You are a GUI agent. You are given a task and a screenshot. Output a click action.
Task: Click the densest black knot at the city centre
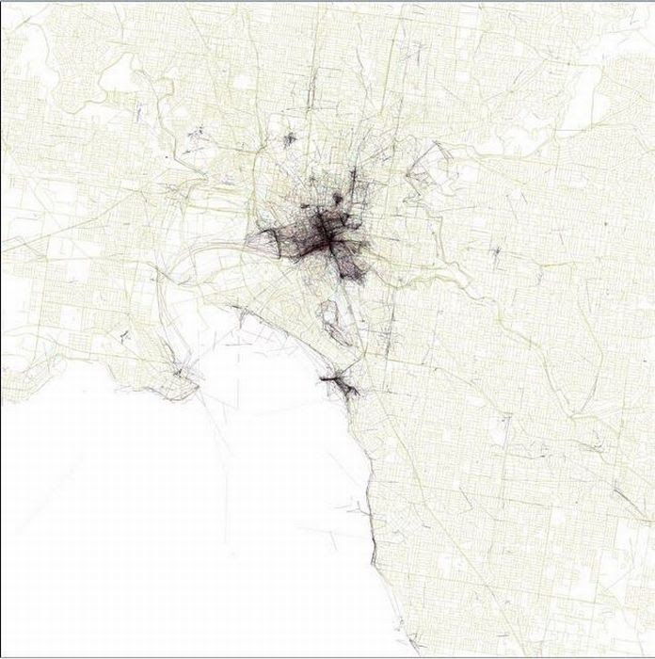click(322, 235)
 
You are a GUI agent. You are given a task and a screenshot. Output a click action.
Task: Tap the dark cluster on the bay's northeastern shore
click(341, 384)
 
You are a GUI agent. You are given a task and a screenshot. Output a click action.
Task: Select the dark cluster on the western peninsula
click(179, 381)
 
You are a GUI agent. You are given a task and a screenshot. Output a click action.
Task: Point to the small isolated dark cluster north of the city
click(289, 139)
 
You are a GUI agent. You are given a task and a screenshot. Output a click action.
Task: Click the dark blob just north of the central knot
click(336, 200)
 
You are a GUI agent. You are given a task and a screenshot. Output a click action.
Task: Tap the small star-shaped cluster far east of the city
click(496, 252)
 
